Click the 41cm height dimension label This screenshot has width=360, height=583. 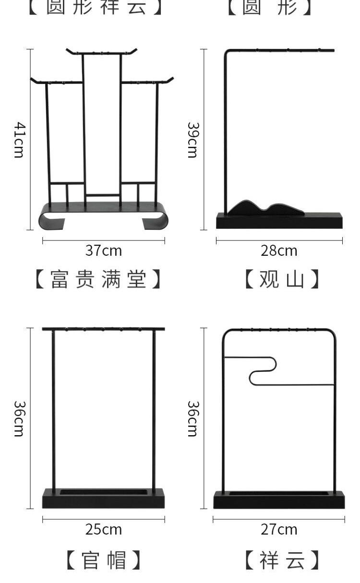(x=19, y=140)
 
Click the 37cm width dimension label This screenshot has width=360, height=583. (x=104, y=250)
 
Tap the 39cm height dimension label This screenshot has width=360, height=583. (x=192, y=140)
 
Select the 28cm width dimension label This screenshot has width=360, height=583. (x=279, y=250)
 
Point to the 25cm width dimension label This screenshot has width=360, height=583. (x=104, y=529)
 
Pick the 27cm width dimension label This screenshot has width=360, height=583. (x=279, y=529)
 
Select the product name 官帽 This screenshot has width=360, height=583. (x=104, y=560)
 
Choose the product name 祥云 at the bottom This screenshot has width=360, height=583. (x=282, y=560)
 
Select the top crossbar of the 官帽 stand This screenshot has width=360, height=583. (x=103, y=329)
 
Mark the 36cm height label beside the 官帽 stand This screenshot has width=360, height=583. (x=19, y=418)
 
